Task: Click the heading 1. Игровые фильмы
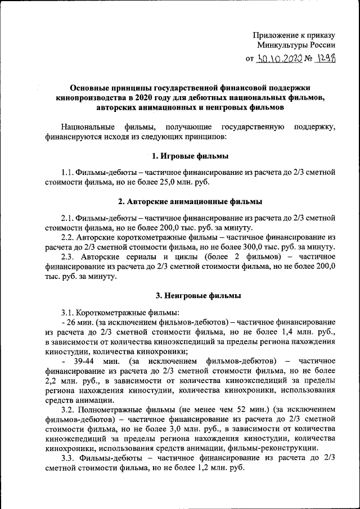pos(190,156)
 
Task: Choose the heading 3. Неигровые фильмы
pos(190,295)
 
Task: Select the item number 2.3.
pos(67,257)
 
